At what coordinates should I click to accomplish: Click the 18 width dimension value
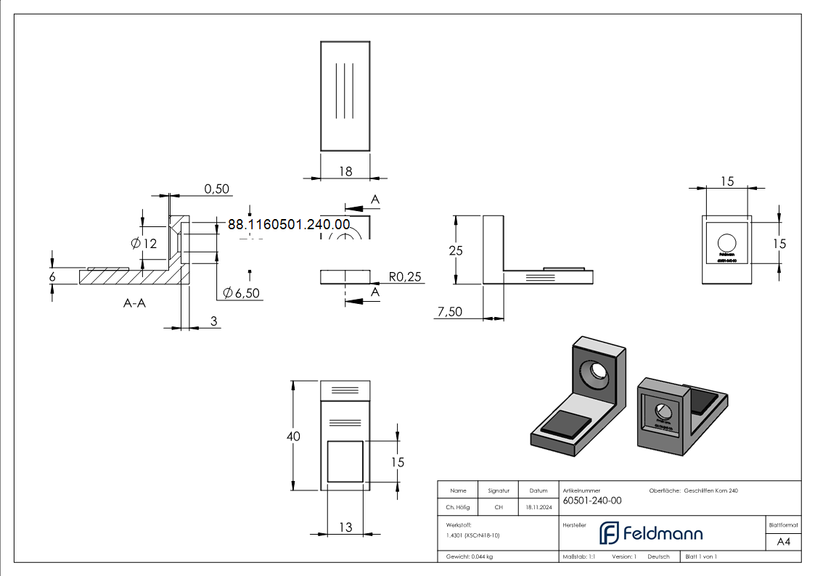pos(345,171)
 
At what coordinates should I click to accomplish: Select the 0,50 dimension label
pos(216,189)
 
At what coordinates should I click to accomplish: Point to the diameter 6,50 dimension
pos(242,293)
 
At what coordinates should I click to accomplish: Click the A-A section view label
pos(134,303)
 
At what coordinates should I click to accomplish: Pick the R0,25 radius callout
pos(405,276)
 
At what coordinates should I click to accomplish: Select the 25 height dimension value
pos(456,251)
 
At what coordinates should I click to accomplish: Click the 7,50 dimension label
pos(450,312)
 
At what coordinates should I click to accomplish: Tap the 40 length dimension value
pos(293,436)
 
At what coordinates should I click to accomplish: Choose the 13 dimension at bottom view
pos(345,527)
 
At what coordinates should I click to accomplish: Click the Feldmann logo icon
pos(608,533)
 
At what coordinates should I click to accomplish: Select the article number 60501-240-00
pos(592,501)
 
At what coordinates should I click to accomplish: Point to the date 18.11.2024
pos(538,508)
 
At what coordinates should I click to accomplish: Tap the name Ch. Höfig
pos(458,508)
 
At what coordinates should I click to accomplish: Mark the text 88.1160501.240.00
pos(289,225)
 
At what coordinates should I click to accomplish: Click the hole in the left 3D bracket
pos(599,371)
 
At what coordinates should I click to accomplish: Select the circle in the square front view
pos(726,243)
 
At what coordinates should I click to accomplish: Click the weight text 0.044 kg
pos(470,556)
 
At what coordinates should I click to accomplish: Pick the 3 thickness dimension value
pos(214,320)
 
